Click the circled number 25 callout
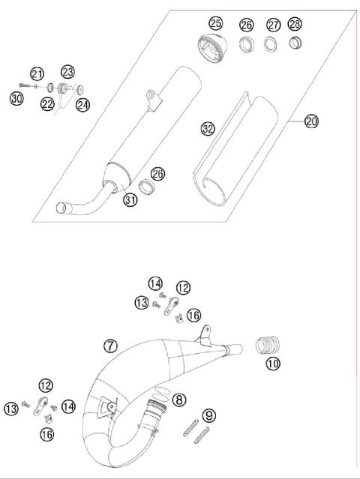click(x=216, y=22)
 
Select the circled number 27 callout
click(x=274, y=25)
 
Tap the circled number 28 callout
click(x=295, y=25)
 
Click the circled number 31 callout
click(x=130, y=199)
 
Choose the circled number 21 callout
click(x=37, y=73)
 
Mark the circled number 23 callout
click(x=67, y=71)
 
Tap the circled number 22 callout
click(x=47, y=104)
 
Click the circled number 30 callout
click(x=16, y=97)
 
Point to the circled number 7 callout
click(x=110, y=346)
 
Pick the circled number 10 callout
click(x=273, y=364)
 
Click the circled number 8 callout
click(x=178, y=400)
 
